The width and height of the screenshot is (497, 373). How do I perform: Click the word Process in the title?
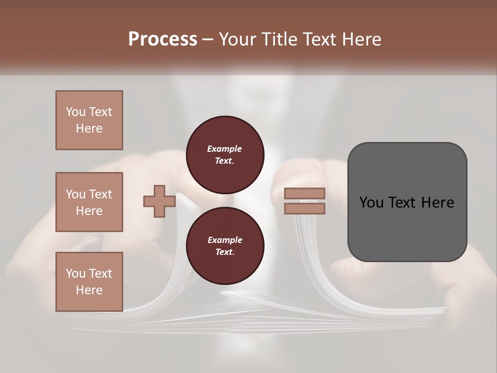[163, 39]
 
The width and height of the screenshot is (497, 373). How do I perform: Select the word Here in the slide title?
[363, 39]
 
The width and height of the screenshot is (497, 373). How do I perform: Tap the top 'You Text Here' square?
[89, 120]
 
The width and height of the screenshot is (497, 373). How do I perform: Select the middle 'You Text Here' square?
[89, 202]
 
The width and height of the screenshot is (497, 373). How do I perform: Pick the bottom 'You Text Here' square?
[89, 281]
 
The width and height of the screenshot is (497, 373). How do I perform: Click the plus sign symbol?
[159, 202]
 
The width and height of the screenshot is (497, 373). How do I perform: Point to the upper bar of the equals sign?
[304, 194]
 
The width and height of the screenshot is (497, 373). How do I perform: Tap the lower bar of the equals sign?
[304, 209]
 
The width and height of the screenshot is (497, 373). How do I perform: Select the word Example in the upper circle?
[225, 149]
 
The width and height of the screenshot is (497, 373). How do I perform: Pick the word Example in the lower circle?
[225, 240]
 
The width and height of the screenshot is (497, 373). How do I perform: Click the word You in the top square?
[76, 112]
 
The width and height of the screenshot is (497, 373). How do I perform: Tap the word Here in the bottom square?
[89, 290]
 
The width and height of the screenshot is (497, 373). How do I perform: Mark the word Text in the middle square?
[100, 194]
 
